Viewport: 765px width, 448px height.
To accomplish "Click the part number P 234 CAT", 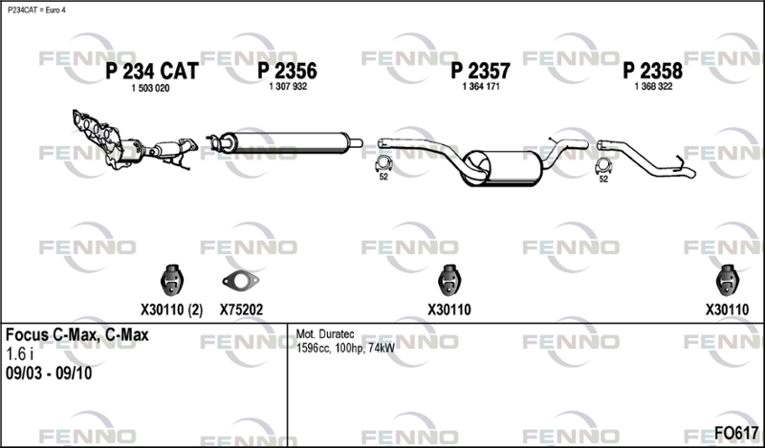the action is click(152, 72).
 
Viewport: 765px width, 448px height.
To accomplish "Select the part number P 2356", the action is click(288, 72).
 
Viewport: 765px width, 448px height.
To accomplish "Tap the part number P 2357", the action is click(481, 72).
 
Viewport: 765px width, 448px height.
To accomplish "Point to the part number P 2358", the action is click(653, 72).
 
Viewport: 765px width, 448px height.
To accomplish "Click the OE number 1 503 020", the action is click(151, 89).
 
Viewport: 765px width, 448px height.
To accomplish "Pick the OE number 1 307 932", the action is click(288, 87).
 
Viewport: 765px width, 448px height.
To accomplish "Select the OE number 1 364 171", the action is click(481, 87).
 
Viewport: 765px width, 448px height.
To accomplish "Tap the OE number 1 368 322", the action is click(653, 87).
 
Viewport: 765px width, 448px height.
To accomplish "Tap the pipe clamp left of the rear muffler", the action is click(383, 164).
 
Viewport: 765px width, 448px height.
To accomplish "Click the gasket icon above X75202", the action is click(241, 281).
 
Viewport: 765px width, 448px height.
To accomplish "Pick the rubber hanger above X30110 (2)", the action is click(171, 280).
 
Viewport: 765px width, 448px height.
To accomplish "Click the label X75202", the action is click(241, 310).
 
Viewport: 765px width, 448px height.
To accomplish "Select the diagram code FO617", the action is click(736, 433).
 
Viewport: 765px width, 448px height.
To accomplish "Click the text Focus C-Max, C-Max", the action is click(77, 335).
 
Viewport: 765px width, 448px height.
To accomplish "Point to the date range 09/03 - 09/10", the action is click(49, 373).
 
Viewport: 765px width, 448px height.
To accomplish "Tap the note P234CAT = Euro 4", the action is click(36, 11).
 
